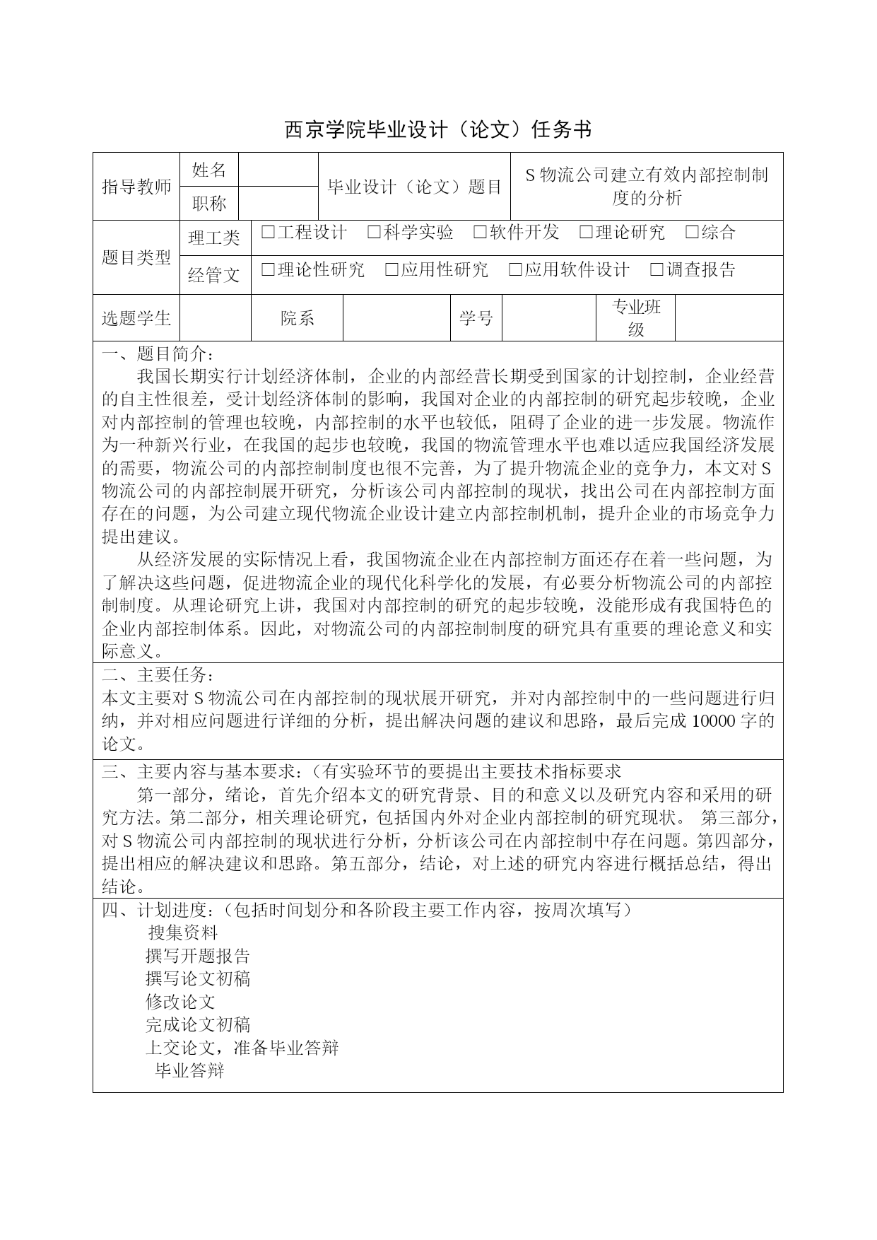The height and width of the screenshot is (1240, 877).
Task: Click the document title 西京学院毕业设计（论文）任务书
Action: tap(437, 129)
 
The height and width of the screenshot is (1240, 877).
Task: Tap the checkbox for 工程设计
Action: tap(268, 233)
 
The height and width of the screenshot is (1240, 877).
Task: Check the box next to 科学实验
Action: tap(375, 233)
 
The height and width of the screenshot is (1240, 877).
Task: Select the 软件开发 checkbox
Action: tap(480, 233)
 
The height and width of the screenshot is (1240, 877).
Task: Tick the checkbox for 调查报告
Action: tap(657, 269)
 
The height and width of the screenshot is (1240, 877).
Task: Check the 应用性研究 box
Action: tap(392, 269)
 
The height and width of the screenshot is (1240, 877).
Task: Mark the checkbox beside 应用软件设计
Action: tap(515, 269)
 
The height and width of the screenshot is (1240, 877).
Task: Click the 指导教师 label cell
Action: tap(136, 187)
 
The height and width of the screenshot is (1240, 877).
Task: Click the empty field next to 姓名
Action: tap(278, 170)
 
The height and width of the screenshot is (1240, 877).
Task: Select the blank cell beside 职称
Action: tap(278, 204)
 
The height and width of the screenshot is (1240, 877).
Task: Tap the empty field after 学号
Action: tap(548, 318)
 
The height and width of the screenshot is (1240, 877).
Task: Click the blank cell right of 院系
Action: tap(396, 318)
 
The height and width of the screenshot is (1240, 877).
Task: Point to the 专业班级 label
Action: tap(636, 318)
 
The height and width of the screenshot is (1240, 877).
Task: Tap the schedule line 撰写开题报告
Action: tap(198, 957)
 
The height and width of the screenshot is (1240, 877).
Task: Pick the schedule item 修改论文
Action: tap(180, 1002)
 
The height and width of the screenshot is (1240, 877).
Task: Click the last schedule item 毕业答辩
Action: tap(189, 1071)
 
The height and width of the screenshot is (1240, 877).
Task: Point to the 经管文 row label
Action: tap(214, 275)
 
